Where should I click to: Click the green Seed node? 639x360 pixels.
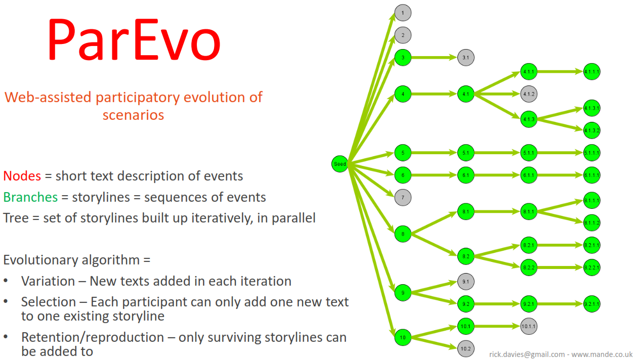tap(340, 164)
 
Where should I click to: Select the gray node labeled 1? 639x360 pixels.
tap(403, 13)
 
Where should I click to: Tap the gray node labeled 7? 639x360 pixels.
tap(403, 197)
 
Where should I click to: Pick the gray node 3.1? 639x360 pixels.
tap(466, 58)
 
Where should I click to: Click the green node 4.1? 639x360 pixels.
tap(466, 94)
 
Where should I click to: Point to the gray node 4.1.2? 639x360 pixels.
tap(529, 94)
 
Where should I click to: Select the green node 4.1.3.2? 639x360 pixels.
tap(592, 130)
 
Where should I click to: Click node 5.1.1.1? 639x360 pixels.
tap(592, 153)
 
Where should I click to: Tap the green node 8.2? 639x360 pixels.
tap(466, 257)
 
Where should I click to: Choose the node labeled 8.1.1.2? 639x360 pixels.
tap(592, 223)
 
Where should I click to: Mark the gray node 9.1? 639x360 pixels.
tap(466, 282)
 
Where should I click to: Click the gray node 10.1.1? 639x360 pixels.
tap(529, 327)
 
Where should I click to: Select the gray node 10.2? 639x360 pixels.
tap(466, 348)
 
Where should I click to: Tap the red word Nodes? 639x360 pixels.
tap(22, 176)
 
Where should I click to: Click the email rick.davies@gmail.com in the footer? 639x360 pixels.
tap(527, 354)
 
